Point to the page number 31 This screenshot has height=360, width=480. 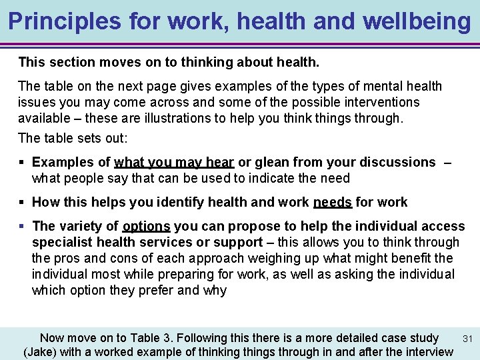pyautogui.click(x=467, y=339)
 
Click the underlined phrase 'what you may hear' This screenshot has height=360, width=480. pyautogui.click(x=174, y=162)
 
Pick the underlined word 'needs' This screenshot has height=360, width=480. pyautogui.click(x=333, y=202)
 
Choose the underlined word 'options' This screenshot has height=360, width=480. pyautogui.click(x=147, y=226)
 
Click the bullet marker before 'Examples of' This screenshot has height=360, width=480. pyautogui.click(x=23, y=162)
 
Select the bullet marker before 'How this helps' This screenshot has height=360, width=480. pyautogui.click(x=23, y=202)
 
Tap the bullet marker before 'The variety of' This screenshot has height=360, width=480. pyautogui.click(x=23, y=226)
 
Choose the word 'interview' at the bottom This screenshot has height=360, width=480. pyautogui.click(x=427, y=352)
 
